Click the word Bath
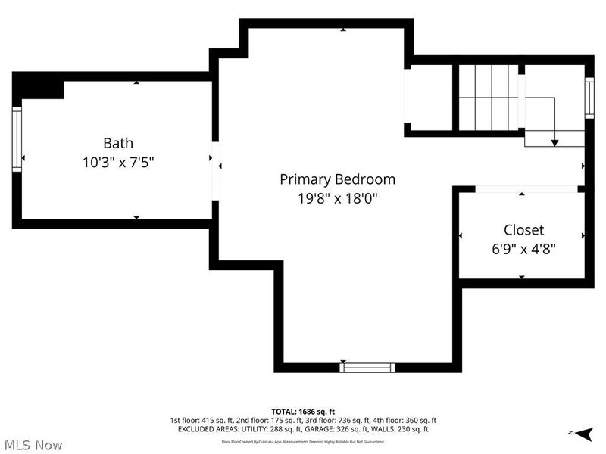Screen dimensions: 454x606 coord(118,143)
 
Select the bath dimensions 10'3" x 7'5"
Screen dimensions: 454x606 coord(118,162)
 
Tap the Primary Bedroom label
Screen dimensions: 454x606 coord(337,179)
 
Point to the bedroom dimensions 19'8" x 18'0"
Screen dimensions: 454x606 coord(337,198)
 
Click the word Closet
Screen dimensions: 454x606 coord(523,229)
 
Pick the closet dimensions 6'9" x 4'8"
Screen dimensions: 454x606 coord(523,248)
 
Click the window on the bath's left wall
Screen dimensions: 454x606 coord(16,138)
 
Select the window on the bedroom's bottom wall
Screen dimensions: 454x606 coord(367,368)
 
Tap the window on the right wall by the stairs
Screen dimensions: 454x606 coord(589,97)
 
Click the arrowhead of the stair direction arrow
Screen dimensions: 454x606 coord(554,142)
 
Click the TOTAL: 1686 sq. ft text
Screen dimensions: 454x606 coord(303,411)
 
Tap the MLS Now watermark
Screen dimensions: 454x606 coord(32,445)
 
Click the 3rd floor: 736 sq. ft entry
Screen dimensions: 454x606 coord(330,420)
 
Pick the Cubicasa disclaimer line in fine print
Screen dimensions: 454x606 coord(303,441)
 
